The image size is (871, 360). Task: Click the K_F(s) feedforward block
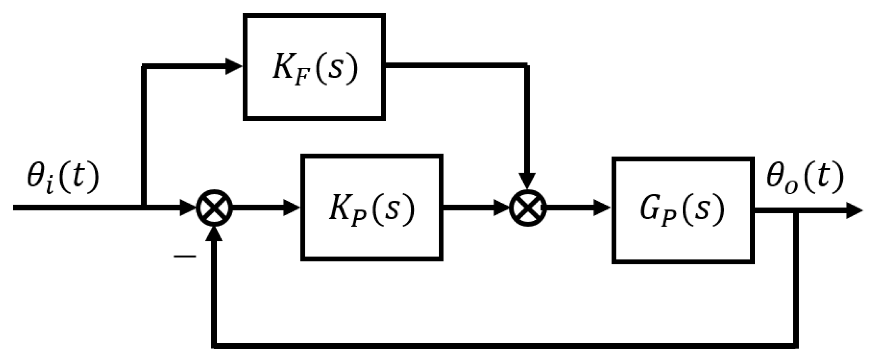(314, 67)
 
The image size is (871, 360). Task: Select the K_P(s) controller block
(372, 207)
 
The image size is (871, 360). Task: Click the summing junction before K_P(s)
(214, 208)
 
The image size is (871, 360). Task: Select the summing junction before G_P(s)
(527, 208)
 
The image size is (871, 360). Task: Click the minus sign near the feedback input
(185, 257)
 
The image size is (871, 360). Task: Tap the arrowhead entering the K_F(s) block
(234, 67)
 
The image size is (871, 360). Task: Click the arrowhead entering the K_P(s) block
(292, 208)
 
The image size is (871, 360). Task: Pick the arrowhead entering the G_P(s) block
(602, 208)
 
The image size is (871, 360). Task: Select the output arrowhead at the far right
(854, 210)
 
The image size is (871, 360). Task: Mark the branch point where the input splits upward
(144, 207)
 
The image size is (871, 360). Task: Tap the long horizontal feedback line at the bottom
(493, 346)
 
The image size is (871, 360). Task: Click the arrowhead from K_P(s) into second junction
(501, 208)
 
